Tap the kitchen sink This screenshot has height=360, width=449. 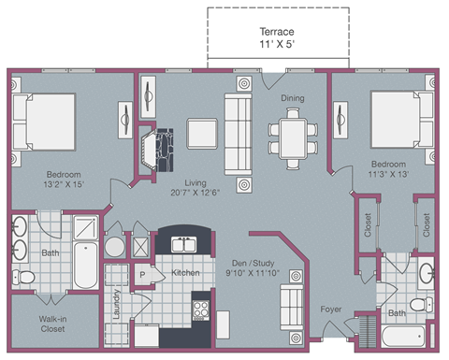click(178, 246)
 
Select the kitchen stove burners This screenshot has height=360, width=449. click(200, 310)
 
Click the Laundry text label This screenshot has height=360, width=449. click(116, 310)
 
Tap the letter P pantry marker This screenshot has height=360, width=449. click(143, 276)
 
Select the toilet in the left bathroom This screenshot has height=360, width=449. click(25, 277)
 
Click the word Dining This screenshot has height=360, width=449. click(292, 97)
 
